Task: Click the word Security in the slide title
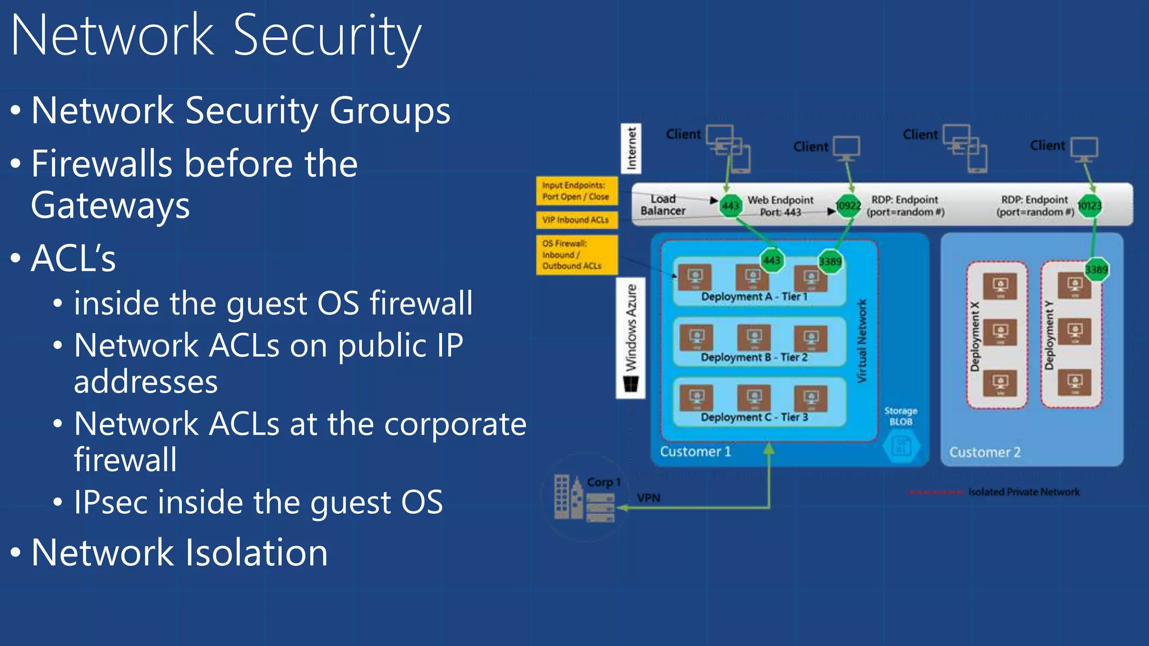[x=327, y=37]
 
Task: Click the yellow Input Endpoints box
[x=576, y=191]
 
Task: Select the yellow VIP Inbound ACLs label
[x=576, y=220]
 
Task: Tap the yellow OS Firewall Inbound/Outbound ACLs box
[x=576, y=255]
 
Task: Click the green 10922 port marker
[x=848, y=206]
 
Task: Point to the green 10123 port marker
[x=1090, y=206]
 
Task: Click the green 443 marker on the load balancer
[x=730, y=206]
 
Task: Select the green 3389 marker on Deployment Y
[x=1096, y=270]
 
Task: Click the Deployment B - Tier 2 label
[x=754, y=357]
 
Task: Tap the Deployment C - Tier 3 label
[x=754, y=417]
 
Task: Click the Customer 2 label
[x=985, y=452]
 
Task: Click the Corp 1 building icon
[x=568, y=497]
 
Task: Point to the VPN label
[x=649, y=498]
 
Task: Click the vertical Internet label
[x=632, y=148]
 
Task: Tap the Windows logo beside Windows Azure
[x=631, y=385]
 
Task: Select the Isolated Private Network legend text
[x=1023, y=492]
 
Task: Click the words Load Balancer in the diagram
[x=663, y=205]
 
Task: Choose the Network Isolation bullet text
[x=180, y=553]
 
